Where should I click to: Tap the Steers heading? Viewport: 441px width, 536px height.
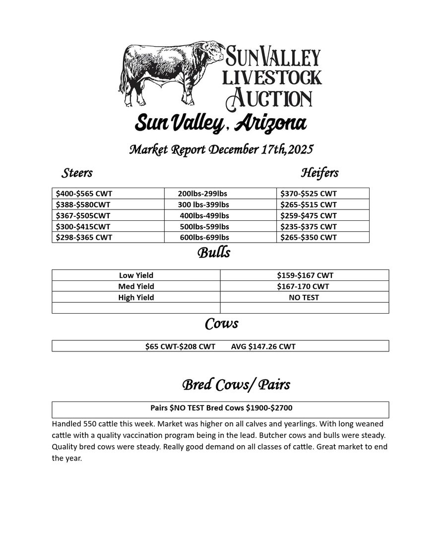click(x=77, y=173)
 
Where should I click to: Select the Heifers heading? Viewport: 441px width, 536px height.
click(x=319, y=173)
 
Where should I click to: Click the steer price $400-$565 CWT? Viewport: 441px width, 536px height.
click(x=84, y=194)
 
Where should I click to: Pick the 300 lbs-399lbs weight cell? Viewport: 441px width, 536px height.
click(x=203, y=204)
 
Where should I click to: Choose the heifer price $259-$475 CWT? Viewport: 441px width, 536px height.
click(x=308, y=215)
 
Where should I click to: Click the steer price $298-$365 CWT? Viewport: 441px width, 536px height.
click(x=84, y=237)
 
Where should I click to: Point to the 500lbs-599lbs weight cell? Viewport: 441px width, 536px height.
click(x=204, y=226)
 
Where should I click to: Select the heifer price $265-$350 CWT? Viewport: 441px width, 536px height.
click(x=308, y=237)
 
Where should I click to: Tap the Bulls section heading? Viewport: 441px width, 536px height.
click(x=214, y=253)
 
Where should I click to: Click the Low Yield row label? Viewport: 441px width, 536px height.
click(x=136, y=275)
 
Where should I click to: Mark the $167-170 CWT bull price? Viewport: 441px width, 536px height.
click(x=303, y=286)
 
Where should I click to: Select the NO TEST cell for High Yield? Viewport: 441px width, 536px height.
click(x=304, y=298)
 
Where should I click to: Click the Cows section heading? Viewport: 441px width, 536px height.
click(x=221, y=324)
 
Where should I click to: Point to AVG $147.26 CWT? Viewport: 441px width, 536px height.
click(x=263, y=346)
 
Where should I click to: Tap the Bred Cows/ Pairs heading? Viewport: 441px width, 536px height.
click(x=236, y=385)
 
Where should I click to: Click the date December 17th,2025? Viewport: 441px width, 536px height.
click(x=261, y=149)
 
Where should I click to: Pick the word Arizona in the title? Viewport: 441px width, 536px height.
click(x=270, y=123)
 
